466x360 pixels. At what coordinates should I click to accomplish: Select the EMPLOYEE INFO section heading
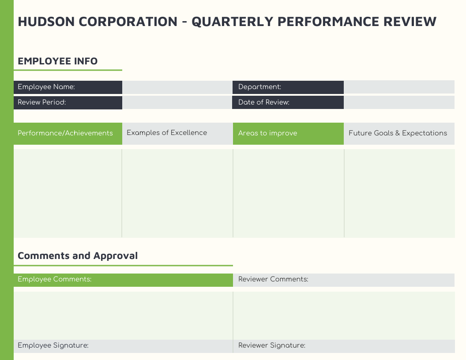pyautogui.click(x=58, y=61)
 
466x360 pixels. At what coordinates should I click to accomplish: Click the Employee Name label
pyautogui.click(x=46, y=87)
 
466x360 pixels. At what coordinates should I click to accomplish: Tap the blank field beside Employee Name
pyautogui.click(x=177, y=87)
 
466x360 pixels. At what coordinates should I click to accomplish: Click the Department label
pyautogui.click(x=259, y=87)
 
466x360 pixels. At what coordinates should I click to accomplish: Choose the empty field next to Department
pyautogui.click(x=398, y=87)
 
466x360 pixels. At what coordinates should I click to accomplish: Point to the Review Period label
pyautogui.click(x=42, y=102)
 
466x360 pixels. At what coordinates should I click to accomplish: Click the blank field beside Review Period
pyautogui.click(x=177, y=102)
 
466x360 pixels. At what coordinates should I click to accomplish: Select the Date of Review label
pyautogui.click(x=264, y=102)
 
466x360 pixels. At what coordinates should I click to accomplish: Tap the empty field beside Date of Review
pyautogui.click(x=398, y=102)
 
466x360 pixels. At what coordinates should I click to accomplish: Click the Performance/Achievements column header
pyautogui.click(x=65, y=133)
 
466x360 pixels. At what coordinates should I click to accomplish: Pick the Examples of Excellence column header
pyautogui.click(x=167, y=133)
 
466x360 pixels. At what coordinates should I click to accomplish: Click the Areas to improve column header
pyautogui.click(x=267, y=133)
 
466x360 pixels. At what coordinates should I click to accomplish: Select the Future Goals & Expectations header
pyautogui.click(x=398, y=133)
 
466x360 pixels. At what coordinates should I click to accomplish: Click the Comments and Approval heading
pyautogui.click(x=78, y=256)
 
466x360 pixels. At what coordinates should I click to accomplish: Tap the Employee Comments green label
pyautogui.click(x=55, y=279)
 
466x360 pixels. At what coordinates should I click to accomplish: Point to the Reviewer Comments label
pyautogui.click(x=273, y=279)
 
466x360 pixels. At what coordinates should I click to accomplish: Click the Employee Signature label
pyautogui.click(x=53, y=345)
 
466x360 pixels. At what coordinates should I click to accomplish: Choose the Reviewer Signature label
pyautogui.click(x=272, y=345)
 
